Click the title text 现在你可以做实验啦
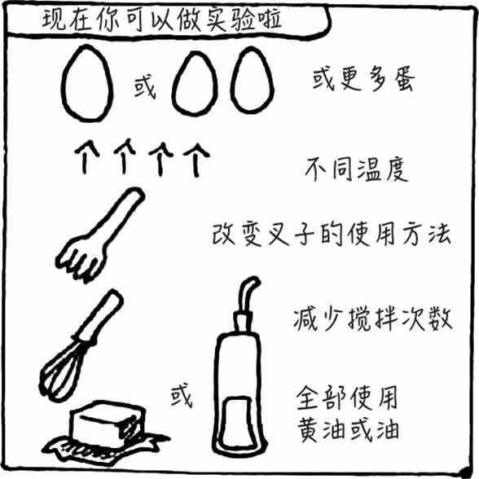click(161, 20)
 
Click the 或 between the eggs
click(144, 87)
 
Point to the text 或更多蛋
click(363, 79)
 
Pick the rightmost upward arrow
click(196, 160)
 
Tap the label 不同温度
click(357, 169)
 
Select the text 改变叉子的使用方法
click(332, 235)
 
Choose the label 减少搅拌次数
click(373, 319)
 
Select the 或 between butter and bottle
click(182, 396)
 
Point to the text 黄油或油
click(349, 430)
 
